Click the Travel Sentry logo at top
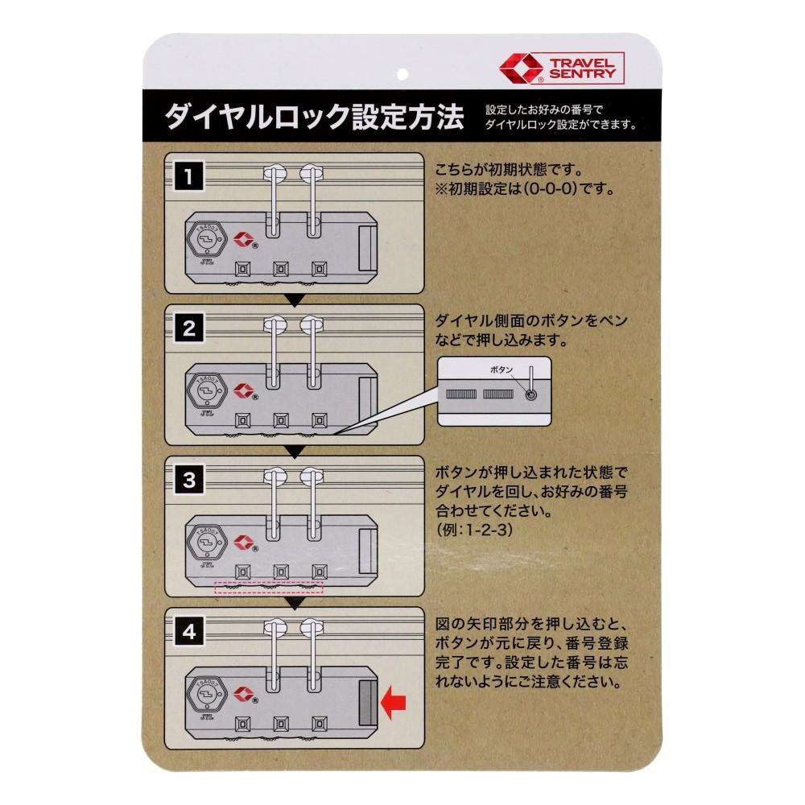(x=562, y=68)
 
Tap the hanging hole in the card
(x=402, y=74)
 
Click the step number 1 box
(x=189, y=176)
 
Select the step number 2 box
(x=189, y=328)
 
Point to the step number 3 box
(x=189, y=480)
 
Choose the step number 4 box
(x=189, y=631)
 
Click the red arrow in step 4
(x=394, y=703)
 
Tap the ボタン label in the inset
(x=501, y=369)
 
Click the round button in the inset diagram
(x=530, y=394)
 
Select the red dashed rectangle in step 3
(x=269, y=588)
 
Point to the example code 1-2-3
(x=488, y=530)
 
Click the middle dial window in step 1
(x=281, y=269)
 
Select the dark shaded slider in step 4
(x=368, y=703)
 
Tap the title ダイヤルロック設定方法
(x=314, y=117)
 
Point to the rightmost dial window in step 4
(x=320, y=724)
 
